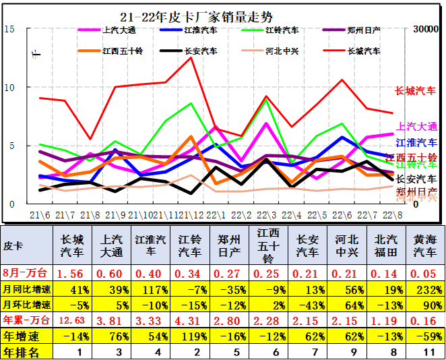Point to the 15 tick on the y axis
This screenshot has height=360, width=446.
(9, 29)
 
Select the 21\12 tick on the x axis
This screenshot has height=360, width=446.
(191, 214)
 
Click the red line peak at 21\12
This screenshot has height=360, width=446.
(191, 57)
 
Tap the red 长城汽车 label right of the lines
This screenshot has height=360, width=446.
(415, 91)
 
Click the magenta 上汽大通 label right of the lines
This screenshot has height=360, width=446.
(416, 126)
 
